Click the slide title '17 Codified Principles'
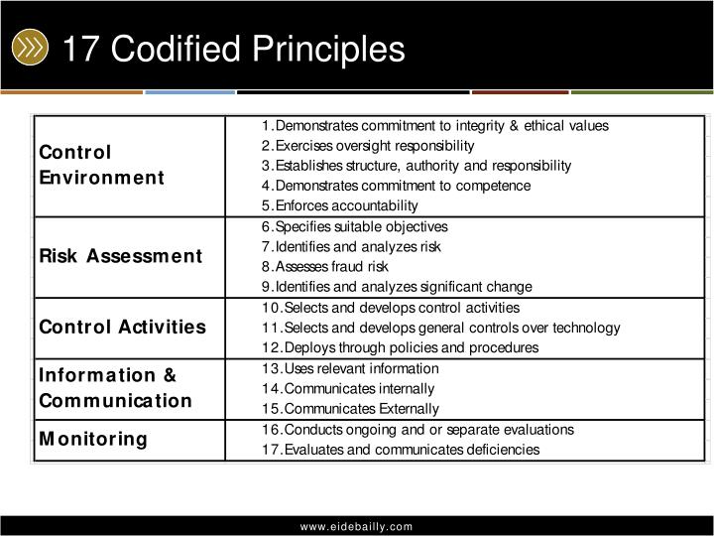[233, 49]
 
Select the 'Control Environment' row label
[101, 165]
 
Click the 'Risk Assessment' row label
[120, 256]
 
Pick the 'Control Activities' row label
[122, 327]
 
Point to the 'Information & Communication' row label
[115, 388]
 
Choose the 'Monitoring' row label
[92, 439]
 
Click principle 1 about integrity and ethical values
[434, 126]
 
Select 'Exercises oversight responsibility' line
[368, 146]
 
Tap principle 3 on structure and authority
[416, 166]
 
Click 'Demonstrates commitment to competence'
[396, 186]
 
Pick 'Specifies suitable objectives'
[354, 226]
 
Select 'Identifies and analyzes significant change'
[397, 287]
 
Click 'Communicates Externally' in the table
[350, 409]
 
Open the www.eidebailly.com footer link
[357, 526]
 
